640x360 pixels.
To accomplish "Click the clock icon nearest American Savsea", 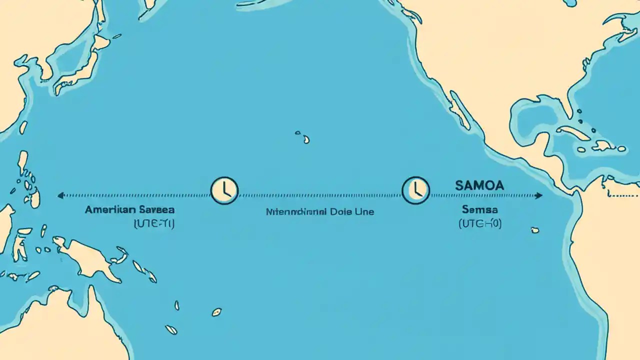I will pos(224,190).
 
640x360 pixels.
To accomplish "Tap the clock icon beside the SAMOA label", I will pos(415,190).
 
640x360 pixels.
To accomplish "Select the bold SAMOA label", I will pos(479,185).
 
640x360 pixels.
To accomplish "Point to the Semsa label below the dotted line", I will pos(479,210).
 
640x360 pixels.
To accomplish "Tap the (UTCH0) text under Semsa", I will pos(479,224).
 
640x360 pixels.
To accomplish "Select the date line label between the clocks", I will pos(320,211).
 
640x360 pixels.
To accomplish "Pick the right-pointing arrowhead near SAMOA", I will pos(539,195).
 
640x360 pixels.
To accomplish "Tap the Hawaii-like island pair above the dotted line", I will pos(302,137).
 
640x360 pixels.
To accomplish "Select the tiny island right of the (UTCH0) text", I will pos(535,230).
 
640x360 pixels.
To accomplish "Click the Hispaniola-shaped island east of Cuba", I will pos(603,145).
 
